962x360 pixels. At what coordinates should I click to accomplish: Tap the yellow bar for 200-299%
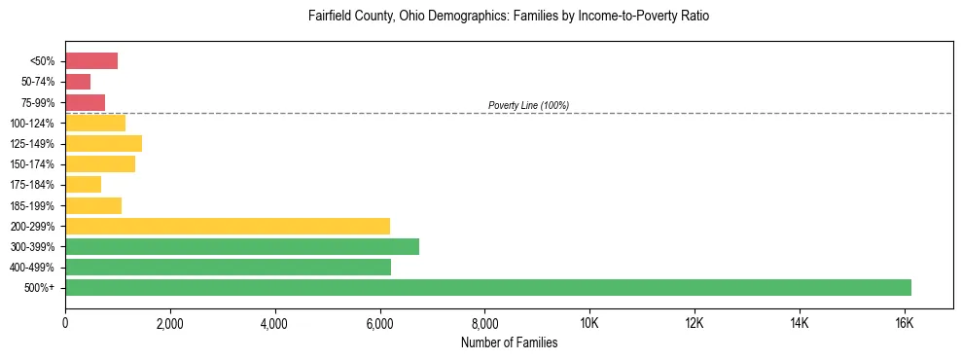click(228, 226)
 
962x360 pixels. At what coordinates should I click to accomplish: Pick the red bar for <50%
click(91, 61)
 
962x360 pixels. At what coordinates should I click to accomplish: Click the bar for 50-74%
click(78, 82)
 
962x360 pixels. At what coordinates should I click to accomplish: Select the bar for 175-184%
click(84, 185)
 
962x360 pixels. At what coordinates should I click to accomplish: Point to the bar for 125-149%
click(104, 144)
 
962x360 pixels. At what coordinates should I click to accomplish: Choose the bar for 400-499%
click(229, 267)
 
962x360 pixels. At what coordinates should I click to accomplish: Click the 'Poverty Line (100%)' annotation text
click(528, 105)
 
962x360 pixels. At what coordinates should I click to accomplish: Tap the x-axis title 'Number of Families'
click(509, 342)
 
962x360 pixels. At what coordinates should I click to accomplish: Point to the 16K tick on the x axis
click(904, 322)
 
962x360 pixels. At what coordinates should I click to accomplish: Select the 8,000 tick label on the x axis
click(484, 322)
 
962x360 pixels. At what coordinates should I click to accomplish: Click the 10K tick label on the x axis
click(589, 322)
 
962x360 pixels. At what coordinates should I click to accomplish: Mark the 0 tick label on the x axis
click(65, 322)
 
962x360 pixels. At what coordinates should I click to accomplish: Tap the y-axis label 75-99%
click(39, 103)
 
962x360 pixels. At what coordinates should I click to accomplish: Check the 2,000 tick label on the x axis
click(169, 322)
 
